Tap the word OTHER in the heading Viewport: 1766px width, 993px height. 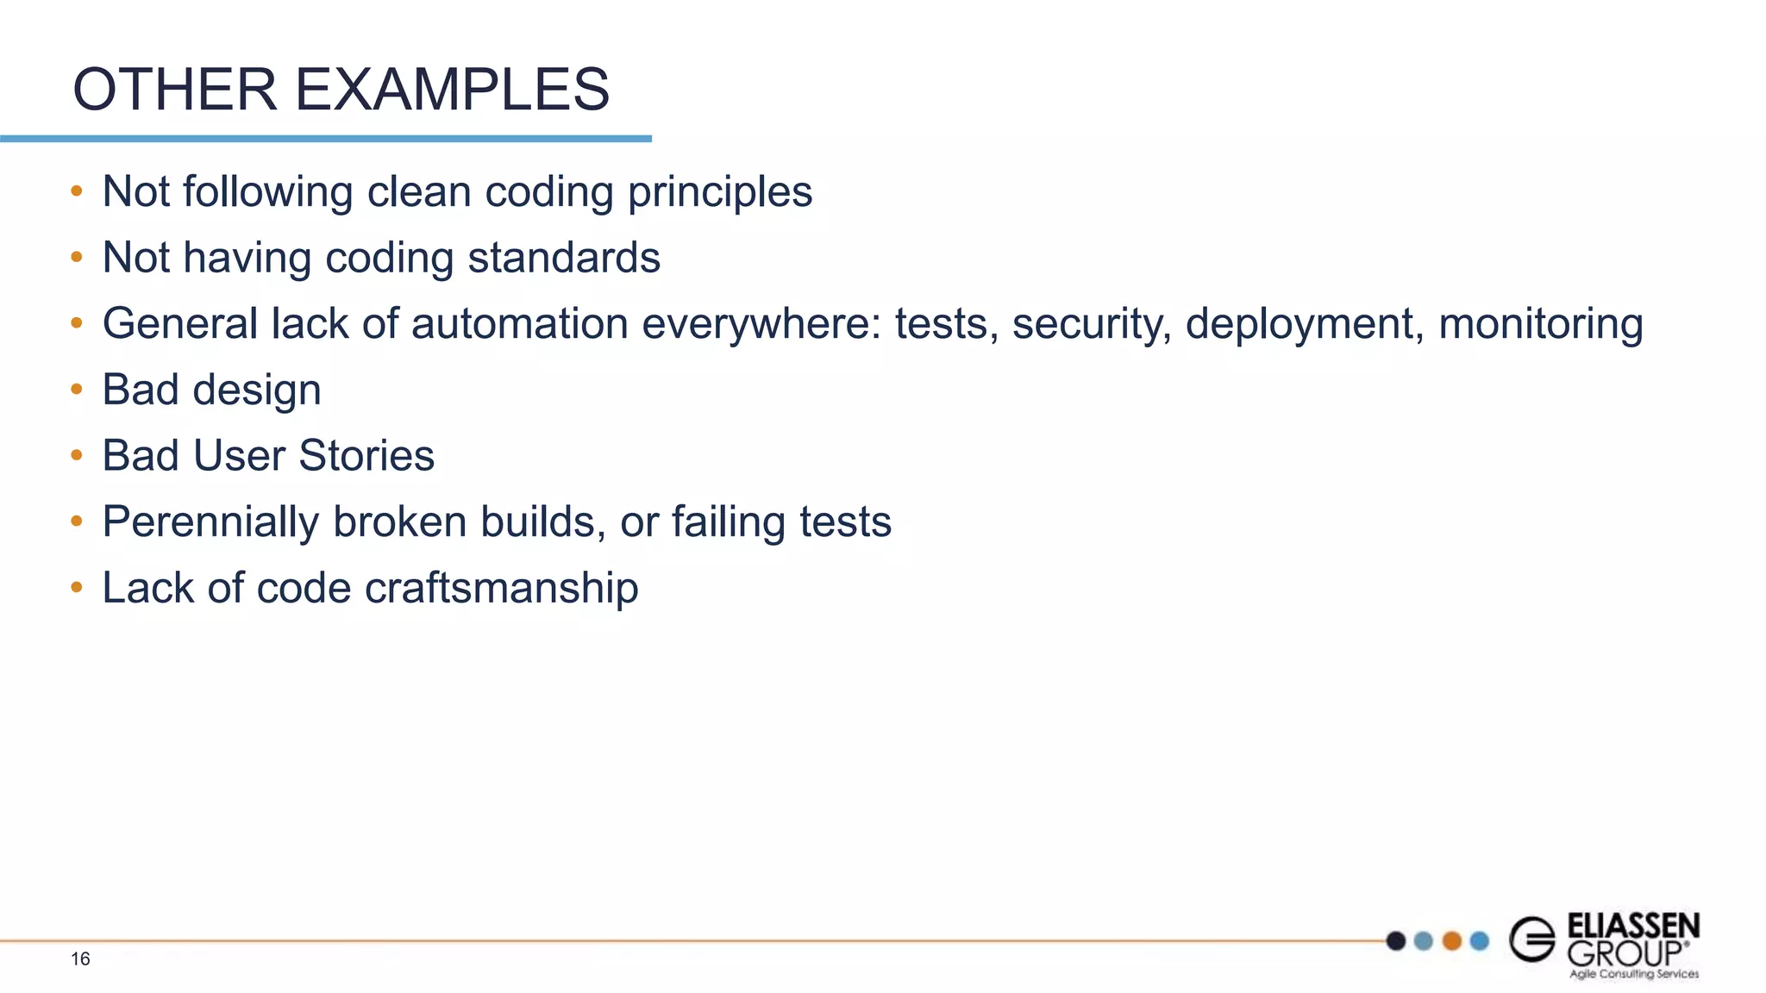point(174,90)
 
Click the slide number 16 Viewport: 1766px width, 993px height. point(80,959)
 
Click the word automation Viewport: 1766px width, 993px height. point(520,325)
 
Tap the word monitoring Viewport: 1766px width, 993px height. point(1540,325)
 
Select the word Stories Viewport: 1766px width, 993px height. point(366,456)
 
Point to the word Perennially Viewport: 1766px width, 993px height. point(210,523)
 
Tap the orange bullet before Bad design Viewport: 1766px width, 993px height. point(77,390)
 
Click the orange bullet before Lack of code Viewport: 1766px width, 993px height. point(77,588)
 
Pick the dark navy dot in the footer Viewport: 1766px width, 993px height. point(1396,940)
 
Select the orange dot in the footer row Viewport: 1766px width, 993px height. point(1452,940)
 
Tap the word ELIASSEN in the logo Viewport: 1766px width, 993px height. point(1632,926)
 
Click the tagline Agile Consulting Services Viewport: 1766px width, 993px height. point(1633,974)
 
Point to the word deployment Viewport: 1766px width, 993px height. point(1304,325)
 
